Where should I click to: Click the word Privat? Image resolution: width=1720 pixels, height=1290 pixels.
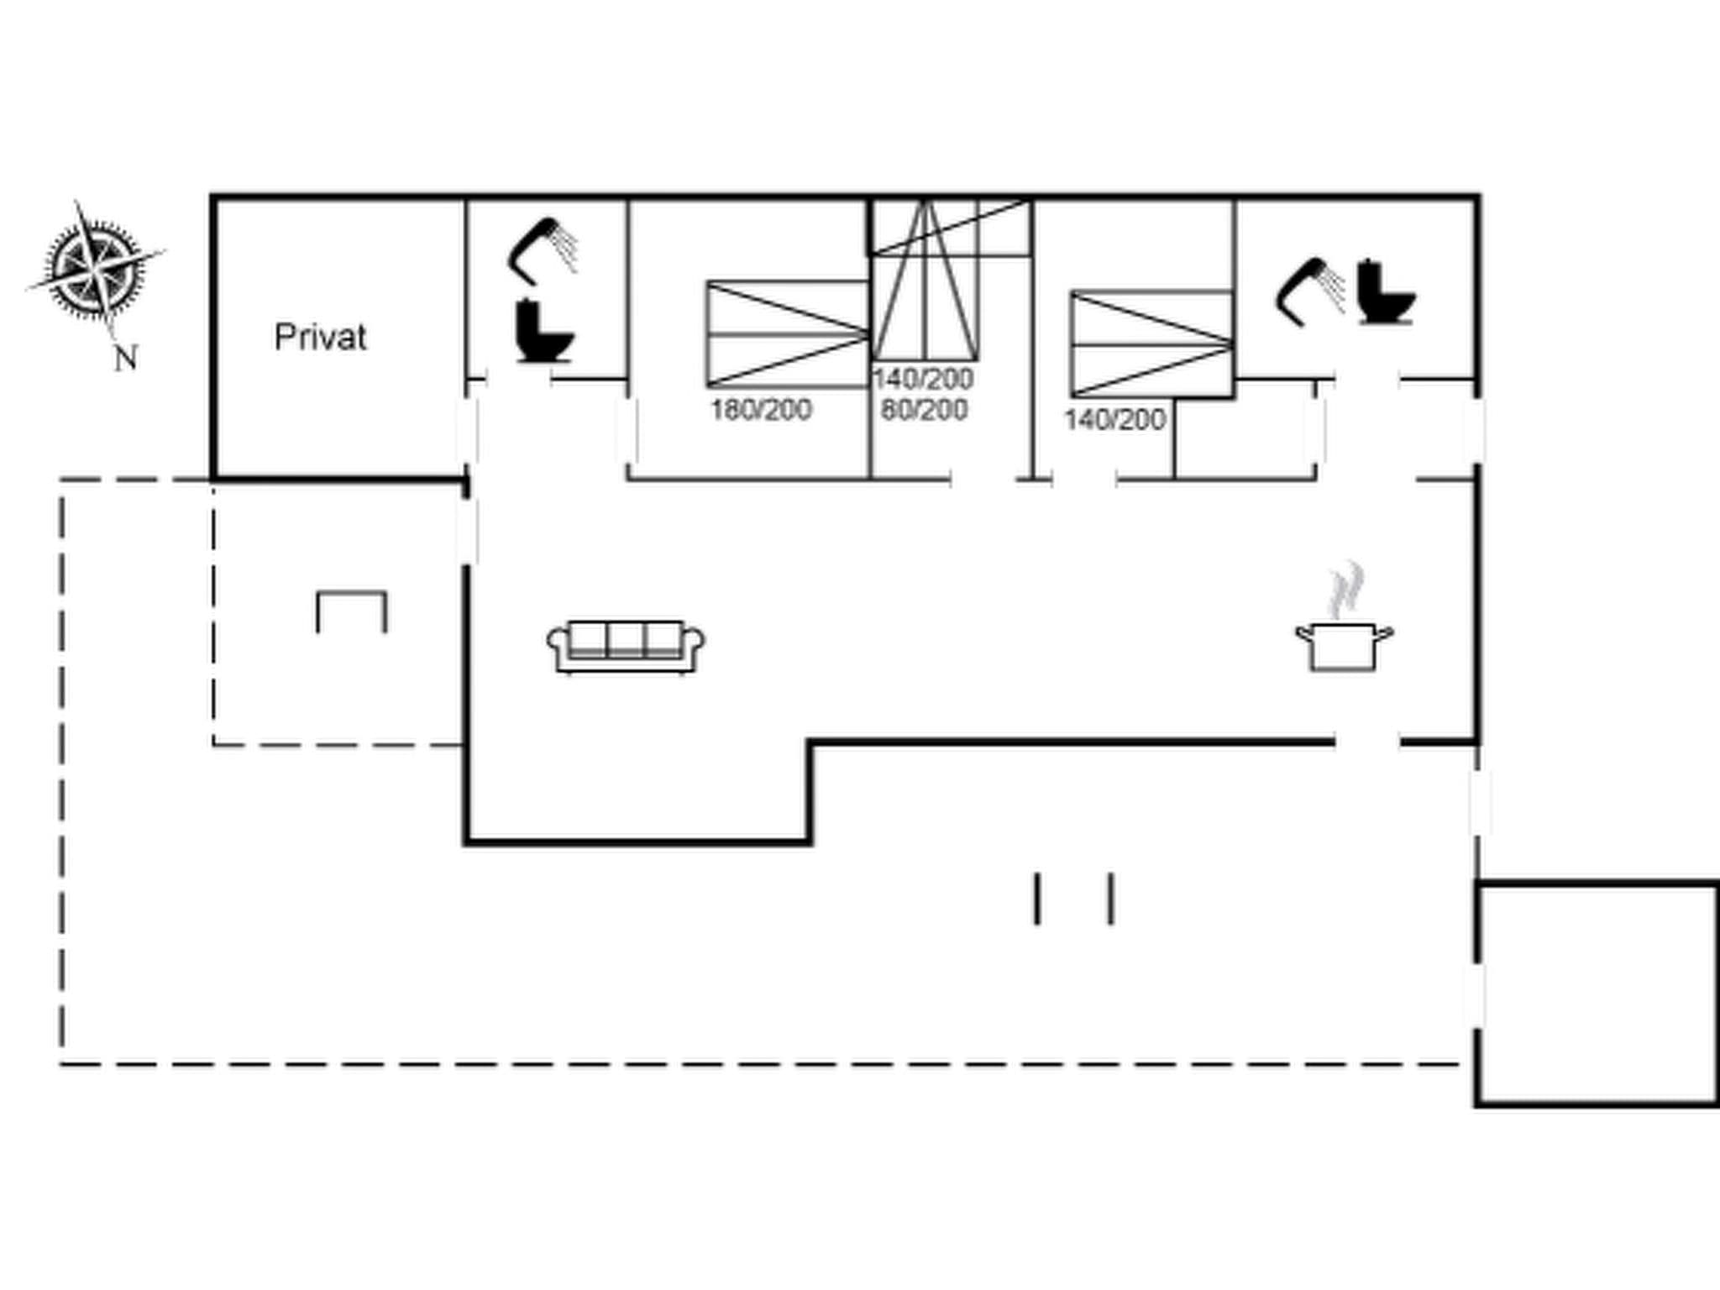coord(320,338)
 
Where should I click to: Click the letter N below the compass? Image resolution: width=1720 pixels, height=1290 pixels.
coord(125,359)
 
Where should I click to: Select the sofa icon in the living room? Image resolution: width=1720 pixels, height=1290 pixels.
coord(626,647)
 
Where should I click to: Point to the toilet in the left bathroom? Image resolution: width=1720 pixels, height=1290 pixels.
coord(543,332)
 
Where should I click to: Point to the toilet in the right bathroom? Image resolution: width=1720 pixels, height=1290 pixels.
coord(1386,292)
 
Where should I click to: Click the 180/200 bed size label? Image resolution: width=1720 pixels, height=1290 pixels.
coord(761,410)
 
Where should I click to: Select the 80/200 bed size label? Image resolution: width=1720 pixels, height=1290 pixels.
coord(924,410)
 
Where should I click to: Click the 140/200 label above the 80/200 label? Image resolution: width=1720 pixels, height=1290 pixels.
coord(923,379)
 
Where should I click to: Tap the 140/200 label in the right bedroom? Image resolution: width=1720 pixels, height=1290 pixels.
coord(1114,419)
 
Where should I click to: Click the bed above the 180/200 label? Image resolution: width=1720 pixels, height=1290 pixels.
coord(787,334)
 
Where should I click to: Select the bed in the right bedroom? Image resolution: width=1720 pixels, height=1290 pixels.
coord(1151,344)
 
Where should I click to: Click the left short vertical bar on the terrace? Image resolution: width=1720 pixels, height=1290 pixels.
coord(1037,899)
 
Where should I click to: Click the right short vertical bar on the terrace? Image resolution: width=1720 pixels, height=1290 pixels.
coord(1111,899)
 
